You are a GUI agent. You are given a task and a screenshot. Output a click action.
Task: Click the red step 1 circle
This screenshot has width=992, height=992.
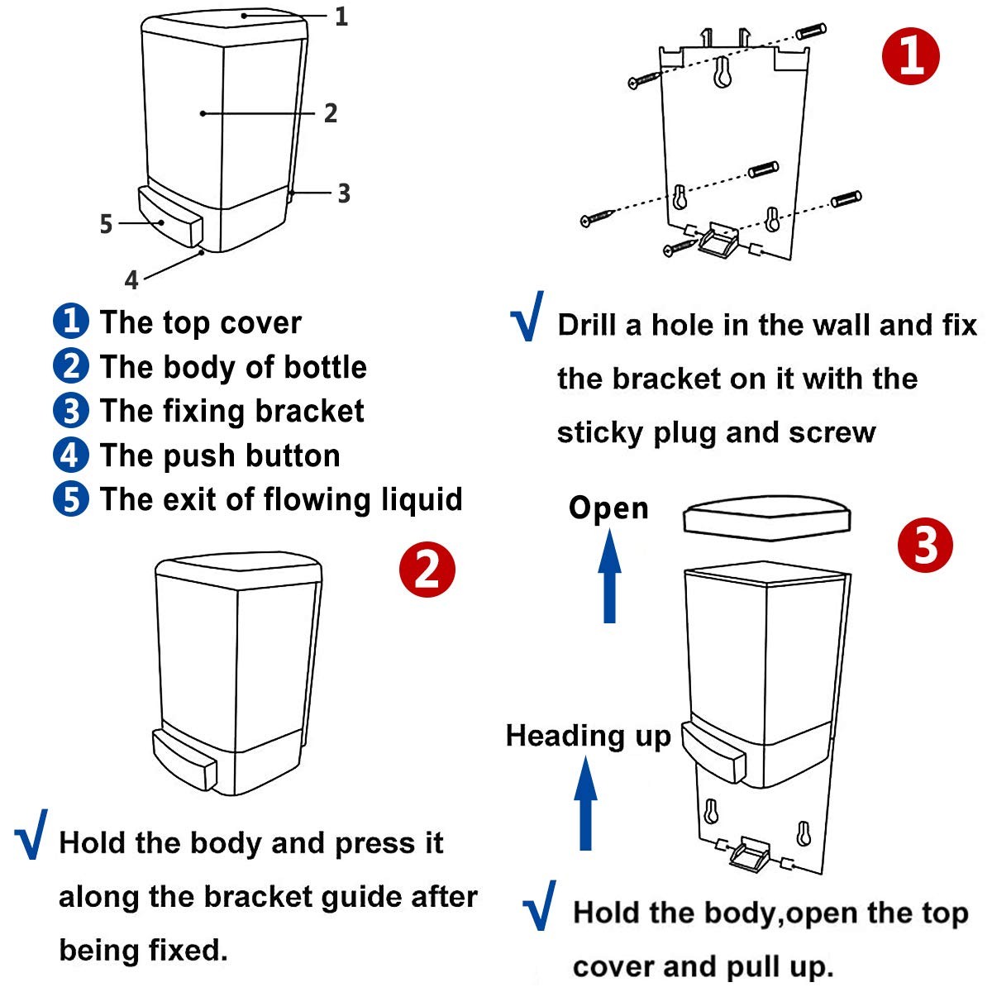[911, 55]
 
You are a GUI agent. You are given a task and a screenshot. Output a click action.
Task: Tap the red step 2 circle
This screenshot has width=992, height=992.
[427, 570]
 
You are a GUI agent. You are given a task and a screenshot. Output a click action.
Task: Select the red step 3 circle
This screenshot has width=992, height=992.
[925, 546]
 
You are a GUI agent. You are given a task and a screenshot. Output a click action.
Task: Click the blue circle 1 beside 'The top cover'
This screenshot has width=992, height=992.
[71, 322]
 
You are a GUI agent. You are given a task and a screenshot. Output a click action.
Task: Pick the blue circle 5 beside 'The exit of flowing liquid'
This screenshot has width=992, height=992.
[71, 499]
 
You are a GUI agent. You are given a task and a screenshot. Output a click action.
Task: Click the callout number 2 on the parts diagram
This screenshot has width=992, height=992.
[331, 113]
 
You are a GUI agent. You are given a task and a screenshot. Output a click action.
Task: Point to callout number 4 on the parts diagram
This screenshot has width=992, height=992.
[131, 280]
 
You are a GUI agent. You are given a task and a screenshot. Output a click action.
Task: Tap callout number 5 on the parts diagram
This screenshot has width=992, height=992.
[106, 223]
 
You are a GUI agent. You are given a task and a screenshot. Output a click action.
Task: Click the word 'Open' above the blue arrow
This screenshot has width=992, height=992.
[608, 508]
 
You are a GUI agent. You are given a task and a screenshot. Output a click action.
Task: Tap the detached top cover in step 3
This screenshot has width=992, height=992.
[767, 519]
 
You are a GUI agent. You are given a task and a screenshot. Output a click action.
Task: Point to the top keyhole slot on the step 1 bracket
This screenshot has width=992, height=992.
[723, 73]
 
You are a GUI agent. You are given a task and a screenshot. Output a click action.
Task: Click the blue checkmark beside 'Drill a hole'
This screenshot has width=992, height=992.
[527, 316]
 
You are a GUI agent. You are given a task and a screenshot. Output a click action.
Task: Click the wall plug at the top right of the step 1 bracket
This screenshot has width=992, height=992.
[810, 32]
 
